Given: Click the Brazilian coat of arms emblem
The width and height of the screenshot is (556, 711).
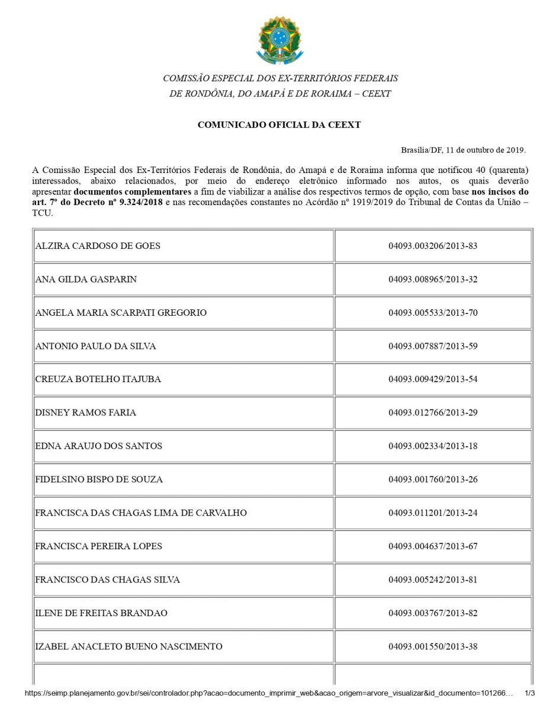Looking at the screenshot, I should (x=279, y=41).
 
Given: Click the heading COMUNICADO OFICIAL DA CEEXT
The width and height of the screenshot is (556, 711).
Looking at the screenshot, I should (x=279, y=125).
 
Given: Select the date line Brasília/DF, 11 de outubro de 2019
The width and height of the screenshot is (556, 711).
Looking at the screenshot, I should (x=463, y=150).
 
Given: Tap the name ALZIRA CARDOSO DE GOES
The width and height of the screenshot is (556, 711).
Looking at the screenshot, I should (x=98, y=246).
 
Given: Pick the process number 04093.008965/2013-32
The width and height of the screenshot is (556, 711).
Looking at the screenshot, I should (x=433, y=279).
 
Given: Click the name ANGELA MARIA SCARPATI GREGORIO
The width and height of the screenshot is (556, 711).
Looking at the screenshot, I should (x=121, y=313).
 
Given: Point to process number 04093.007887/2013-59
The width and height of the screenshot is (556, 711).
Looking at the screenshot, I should (x=433, y=346).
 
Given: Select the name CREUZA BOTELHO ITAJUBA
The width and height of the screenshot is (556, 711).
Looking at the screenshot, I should (x=98, y=379).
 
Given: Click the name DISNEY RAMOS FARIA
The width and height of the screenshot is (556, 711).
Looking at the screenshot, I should (x=85, y=412).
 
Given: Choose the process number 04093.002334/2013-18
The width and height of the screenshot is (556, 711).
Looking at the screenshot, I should (x=433, y=446).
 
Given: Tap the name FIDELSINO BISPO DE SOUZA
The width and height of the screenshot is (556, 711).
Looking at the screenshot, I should (x=99, y=479).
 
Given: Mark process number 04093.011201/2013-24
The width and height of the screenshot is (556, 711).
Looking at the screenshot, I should (x=433, y=513).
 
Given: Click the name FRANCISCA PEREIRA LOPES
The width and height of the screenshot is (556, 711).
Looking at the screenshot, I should (x=98, y=546).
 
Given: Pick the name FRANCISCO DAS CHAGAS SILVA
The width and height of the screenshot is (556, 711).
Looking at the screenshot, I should (x=107, y=579).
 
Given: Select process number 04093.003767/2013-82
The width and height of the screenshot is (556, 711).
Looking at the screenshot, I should (x=433, y=613).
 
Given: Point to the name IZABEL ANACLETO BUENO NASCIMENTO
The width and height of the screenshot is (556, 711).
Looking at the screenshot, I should (x=128, y=646).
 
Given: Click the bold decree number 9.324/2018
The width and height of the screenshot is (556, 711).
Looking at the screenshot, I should (x=145, y=203).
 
